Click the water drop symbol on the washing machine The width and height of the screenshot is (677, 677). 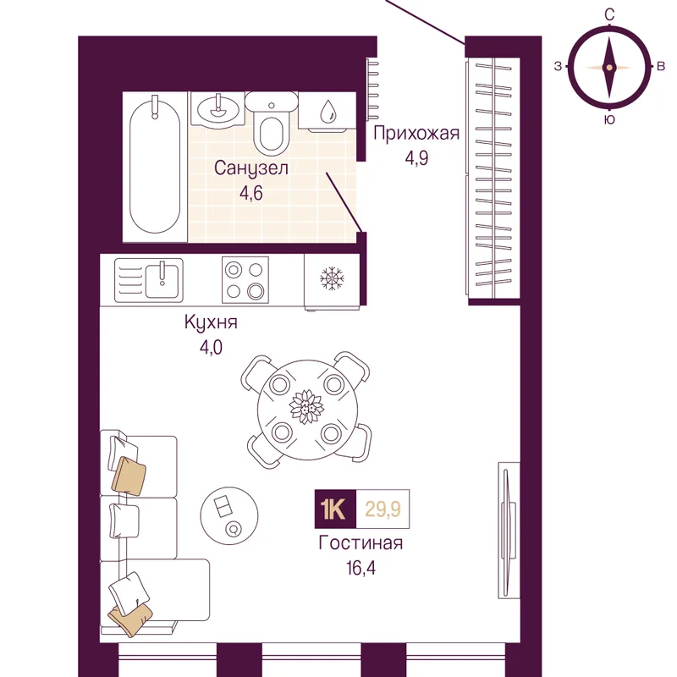coord(328,111)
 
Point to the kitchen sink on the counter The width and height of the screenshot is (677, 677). coord(149,281)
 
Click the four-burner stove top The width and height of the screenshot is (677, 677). coord(245,280)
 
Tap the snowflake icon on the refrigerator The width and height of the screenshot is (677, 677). coord(332,278)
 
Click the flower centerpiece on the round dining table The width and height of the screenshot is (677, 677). coord(306,407)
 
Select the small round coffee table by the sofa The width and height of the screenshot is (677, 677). coord(229,515)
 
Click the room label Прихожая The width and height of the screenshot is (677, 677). coord(416,134)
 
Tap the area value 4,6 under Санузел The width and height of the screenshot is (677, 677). coord(251,193)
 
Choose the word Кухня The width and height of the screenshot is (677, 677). coord(211,322)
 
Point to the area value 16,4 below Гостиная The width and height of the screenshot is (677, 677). coord(361,568)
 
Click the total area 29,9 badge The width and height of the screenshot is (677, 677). coord(383,509)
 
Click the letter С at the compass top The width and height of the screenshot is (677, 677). coord(609,15)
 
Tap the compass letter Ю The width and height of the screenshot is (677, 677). coord(609,119)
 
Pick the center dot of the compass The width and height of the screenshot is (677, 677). coord(609,68)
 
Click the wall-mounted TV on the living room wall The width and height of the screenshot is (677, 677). coord(509,531)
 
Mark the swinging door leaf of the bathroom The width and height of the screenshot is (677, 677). coord(344,202)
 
